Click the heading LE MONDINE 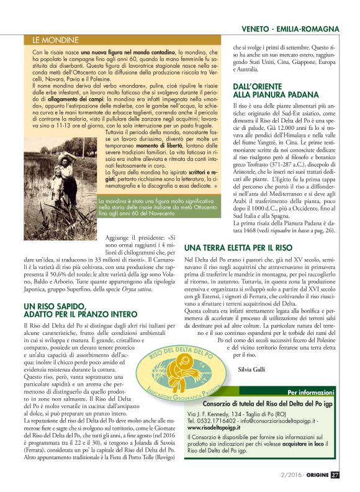[55, 40]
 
